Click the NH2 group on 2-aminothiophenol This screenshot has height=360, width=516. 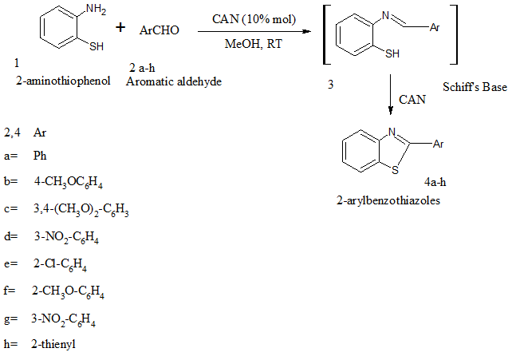[x=95, y=10]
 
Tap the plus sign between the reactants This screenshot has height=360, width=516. [x=121, y=28]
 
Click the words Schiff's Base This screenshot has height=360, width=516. [x=475, y=87]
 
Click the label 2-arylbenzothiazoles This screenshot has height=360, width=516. [x=388, y=200]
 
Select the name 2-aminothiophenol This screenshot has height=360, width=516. [x=62, y=81]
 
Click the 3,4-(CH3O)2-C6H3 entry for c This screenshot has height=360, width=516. [x=81, y=210]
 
